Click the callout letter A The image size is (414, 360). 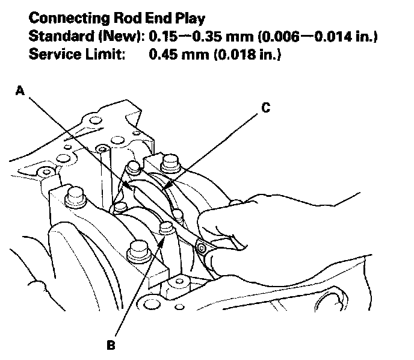20,91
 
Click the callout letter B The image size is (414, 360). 111,346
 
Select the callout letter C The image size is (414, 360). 265,108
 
